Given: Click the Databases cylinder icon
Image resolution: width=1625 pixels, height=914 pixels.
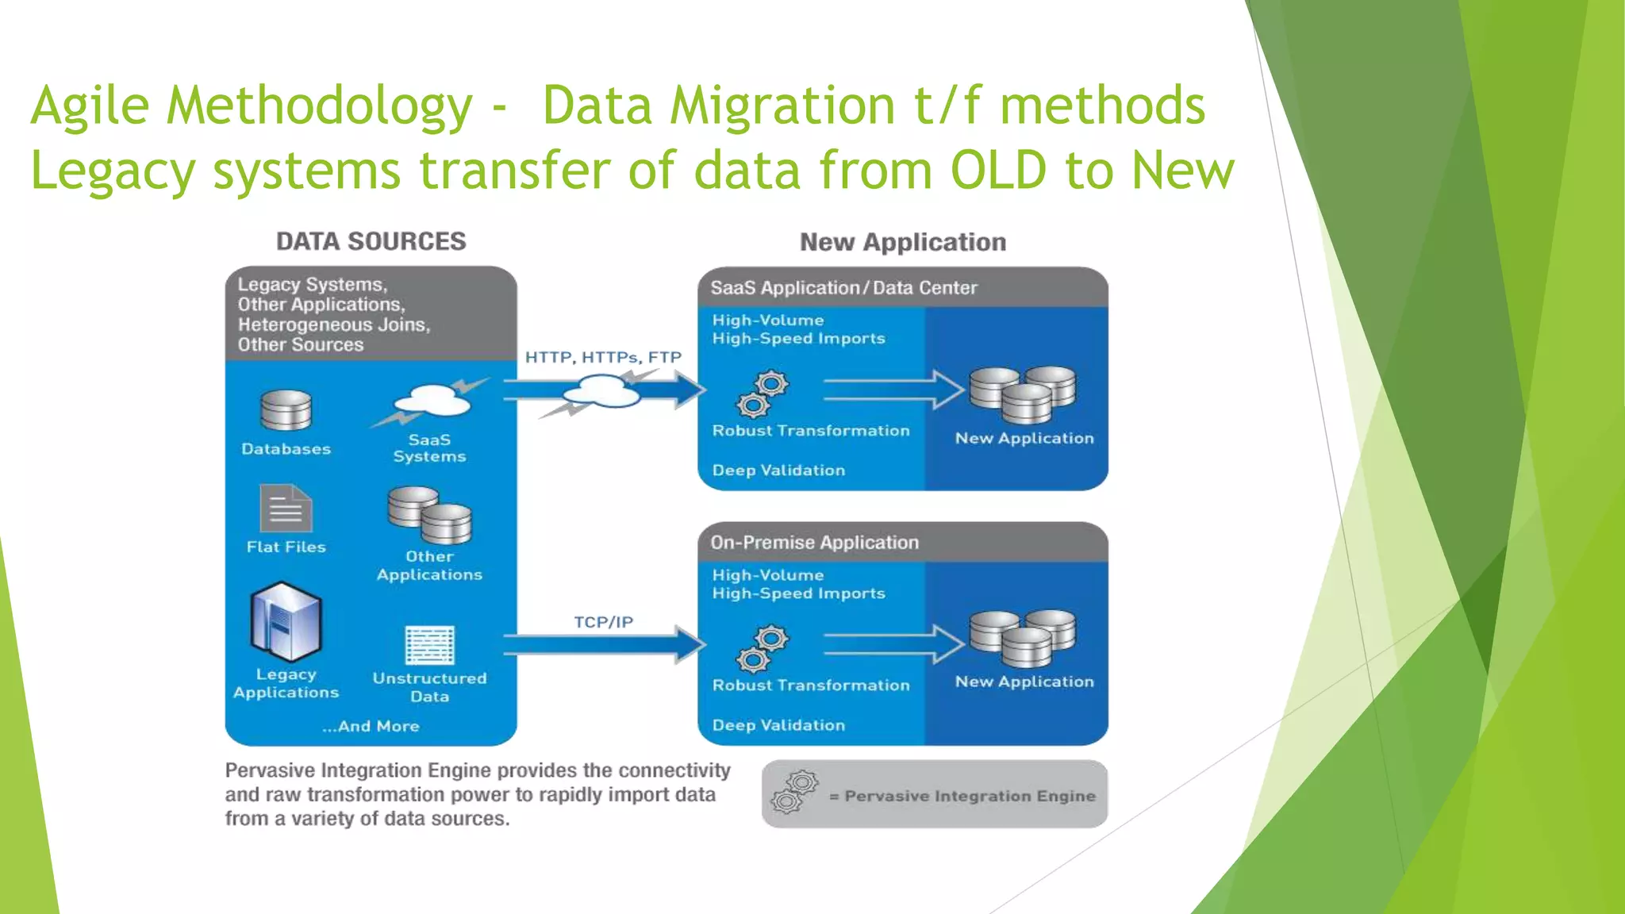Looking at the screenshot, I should coord(286,411).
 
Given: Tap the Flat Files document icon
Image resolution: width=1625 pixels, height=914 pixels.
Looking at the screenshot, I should coord(286,509).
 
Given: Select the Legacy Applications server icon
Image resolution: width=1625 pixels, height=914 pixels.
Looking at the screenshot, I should coord(286,622).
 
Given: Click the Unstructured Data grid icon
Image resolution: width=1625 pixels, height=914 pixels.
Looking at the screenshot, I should coord(429,644).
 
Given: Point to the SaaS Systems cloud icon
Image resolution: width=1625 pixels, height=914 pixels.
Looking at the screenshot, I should coord(433,400).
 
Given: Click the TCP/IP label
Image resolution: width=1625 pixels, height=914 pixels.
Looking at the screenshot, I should coord(603,622).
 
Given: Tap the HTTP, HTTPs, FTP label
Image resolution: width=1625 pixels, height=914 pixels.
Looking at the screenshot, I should coord(603,357).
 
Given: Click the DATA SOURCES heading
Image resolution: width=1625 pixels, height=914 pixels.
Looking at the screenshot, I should coord(371,241).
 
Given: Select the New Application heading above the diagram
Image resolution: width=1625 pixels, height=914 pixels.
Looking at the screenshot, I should coord(902,242).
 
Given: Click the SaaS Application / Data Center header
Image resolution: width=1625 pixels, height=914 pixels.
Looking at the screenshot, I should coord(843,288).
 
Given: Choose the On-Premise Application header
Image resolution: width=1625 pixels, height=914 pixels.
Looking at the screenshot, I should coord(814,543).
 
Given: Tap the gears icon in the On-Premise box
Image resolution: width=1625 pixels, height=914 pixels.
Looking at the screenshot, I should coord(762,649).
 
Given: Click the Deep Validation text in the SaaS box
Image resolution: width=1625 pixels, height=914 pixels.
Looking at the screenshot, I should coord(778,470).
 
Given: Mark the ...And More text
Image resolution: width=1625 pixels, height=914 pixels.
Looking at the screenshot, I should coord(371,726).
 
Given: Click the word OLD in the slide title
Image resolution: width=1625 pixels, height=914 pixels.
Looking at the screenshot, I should coord(998,171).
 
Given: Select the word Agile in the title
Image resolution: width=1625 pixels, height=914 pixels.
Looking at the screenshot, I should coord(90,106).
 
